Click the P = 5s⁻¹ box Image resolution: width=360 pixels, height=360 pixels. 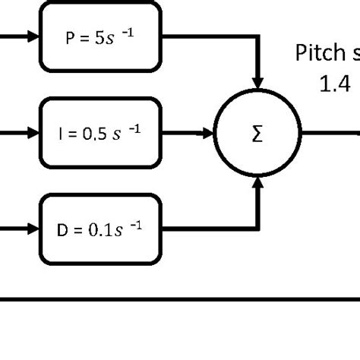(x=101, y=36)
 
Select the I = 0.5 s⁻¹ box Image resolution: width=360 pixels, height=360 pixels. (x=101, y=133)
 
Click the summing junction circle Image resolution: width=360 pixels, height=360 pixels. (x=257, y=134)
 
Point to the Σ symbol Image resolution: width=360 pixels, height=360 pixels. (x=257, y=134)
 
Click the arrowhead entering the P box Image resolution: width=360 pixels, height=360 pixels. (x=33, y=36)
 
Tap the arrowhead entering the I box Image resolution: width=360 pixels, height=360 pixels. (x=33, y=133)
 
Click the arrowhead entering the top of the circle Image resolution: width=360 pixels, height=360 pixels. (x=258, y=81)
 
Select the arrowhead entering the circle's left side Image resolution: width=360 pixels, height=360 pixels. (x=208, y=134)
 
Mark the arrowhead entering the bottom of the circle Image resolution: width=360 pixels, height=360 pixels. (x=258, y=182)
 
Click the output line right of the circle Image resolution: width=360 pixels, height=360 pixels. (x=330, y=134)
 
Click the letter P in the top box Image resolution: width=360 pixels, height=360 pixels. (x=69, y=37)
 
